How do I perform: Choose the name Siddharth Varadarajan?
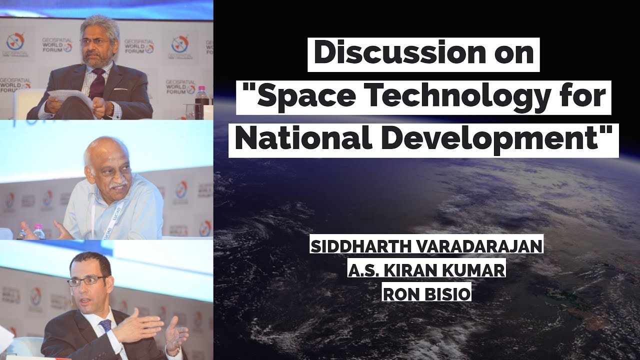pos(426,246)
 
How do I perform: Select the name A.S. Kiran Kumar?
pos(426,270)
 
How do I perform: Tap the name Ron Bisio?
pos(426,294)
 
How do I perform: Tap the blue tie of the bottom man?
pos(105,327)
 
